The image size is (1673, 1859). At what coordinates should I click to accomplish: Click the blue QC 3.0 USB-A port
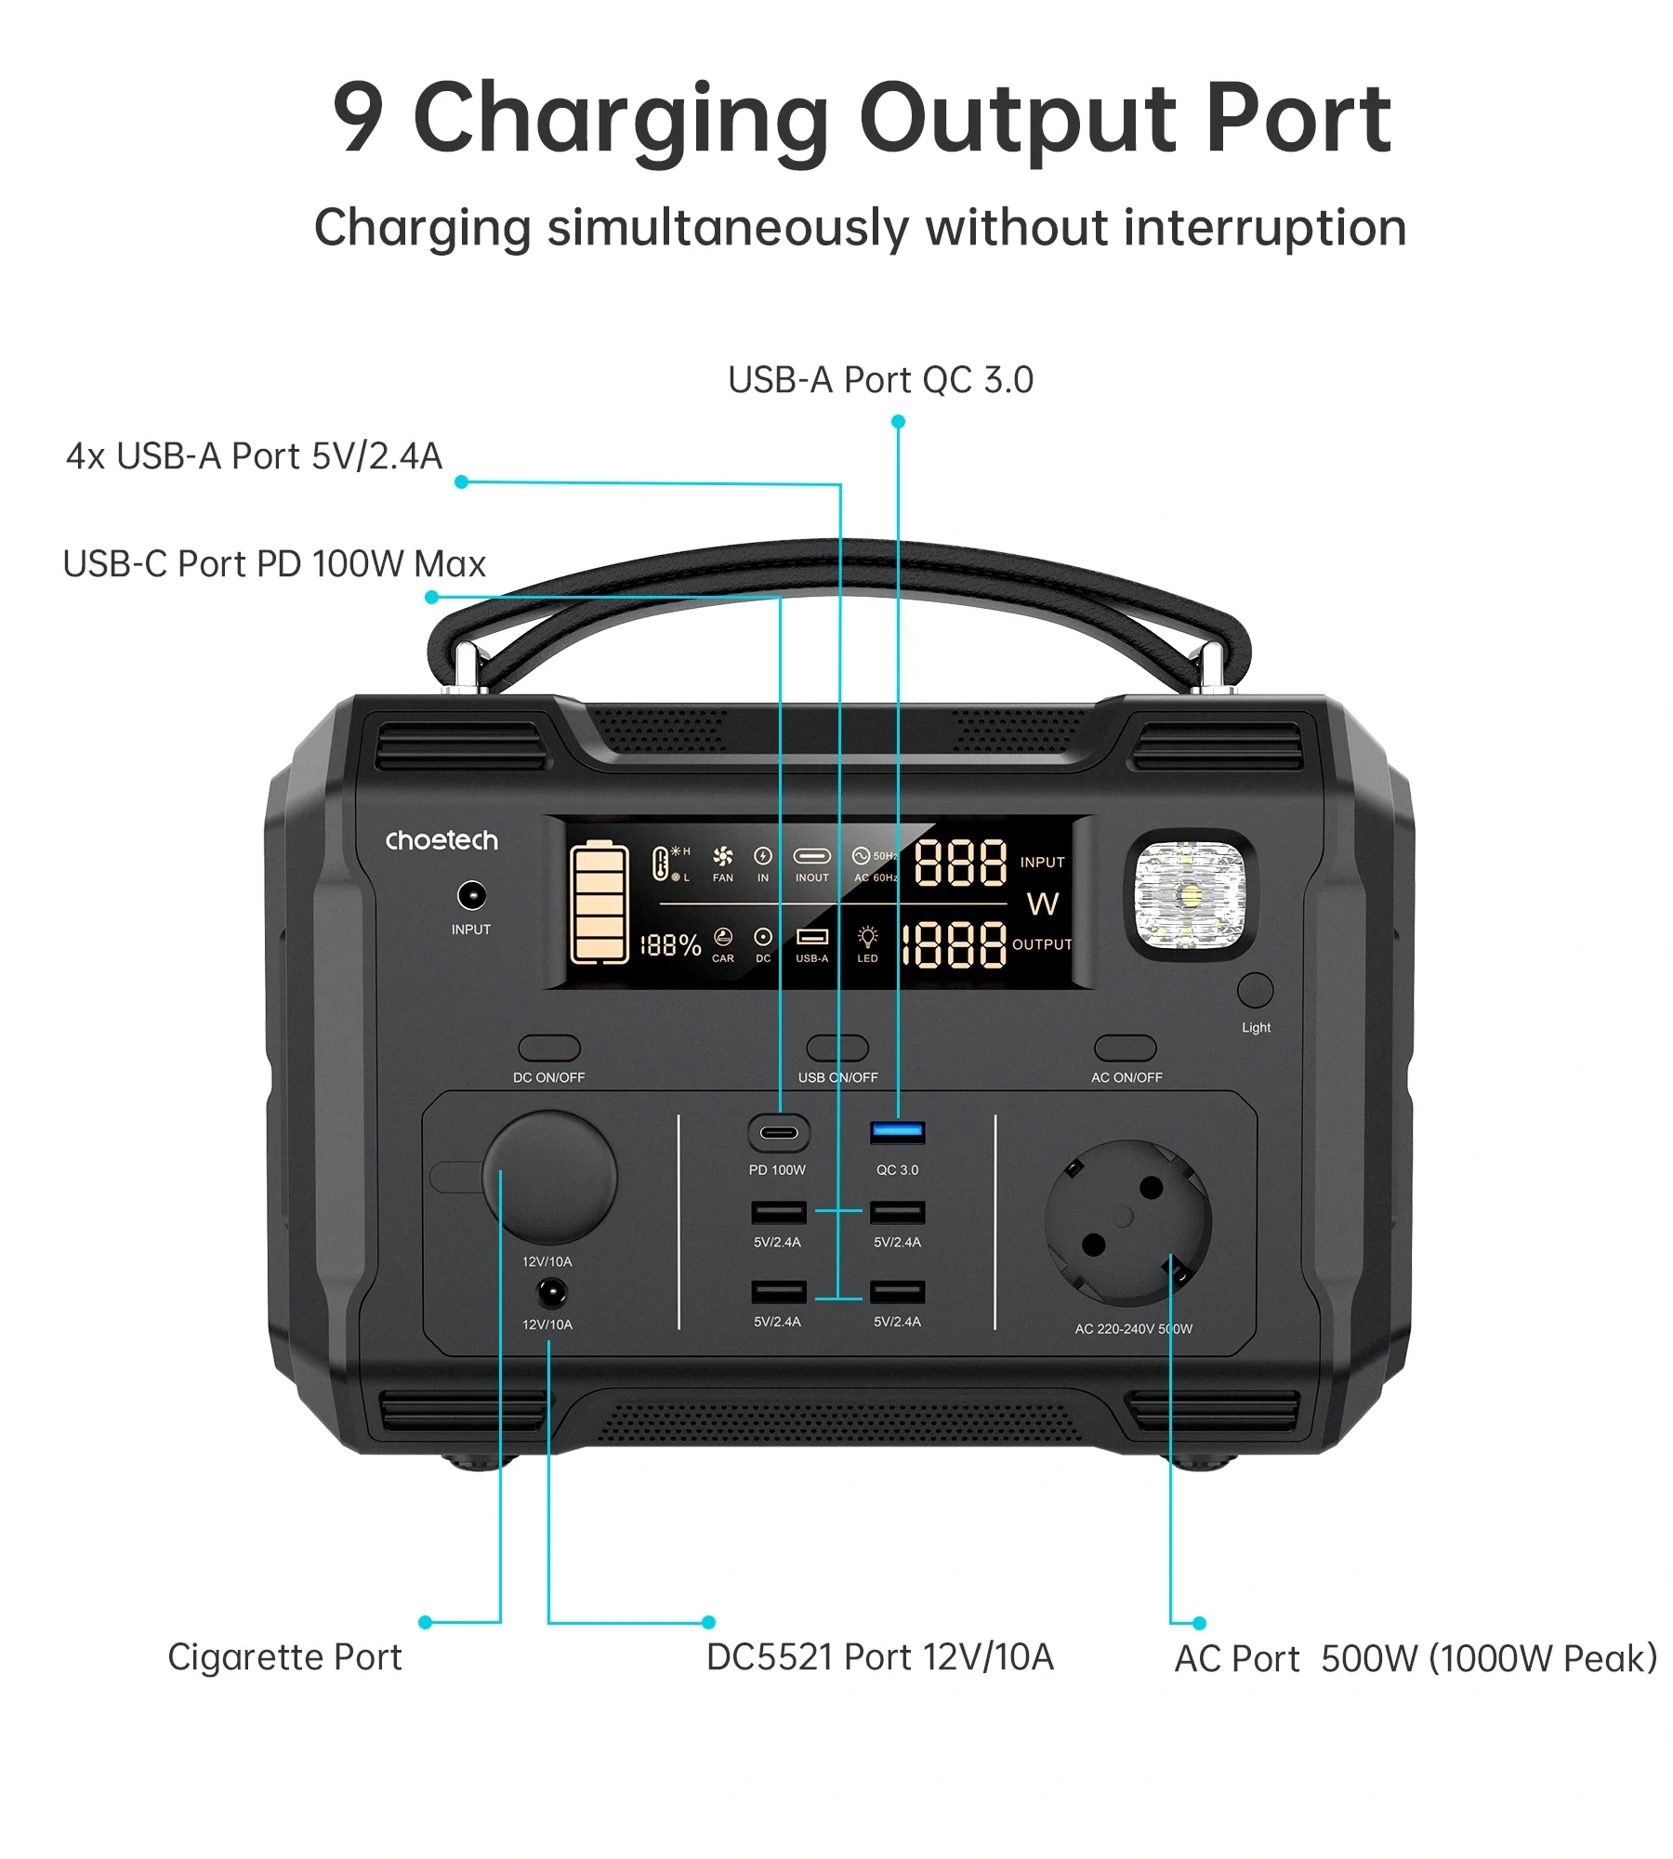(897, 1131)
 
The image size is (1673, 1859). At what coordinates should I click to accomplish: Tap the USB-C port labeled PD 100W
(779, 1132)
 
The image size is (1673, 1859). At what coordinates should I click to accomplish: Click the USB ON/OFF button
(837, 1048)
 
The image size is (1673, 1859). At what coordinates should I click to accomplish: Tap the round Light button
(1255, 990)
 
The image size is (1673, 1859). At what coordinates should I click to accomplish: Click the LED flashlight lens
(1189, 895)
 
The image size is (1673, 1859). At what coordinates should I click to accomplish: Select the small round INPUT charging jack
(472, 895)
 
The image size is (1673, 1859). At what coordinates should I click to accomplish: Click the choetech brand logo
(441, 840)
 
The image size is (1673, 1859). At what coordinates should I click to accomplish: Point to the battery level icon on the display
(599, 902)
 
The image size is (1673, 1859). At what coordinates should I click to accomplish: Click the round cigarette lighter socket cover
(549, 1177)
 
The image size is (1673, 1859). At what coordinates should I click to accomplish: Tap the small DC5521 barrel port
(551, 1292)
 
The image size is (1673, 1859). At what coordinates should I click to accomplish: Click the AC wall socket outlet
(1127, 1223)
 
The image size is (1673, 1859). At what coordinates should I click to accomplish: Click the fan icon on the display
(722, 856)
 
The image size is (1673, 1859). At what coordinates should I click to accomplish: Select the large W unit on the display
(1043, 903)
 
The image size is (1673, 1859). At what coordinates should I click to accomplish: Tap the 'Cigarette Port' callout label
(284, 1657)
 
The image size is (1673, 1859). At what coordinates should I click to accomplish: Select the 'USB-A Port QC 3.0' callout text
(880, 379)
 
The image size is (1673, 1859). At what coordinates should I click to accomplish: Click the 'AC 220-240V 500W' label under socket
(1133, 1328)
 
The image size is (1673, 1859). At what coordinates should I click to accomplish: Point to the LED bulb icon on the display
(867, 936)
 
